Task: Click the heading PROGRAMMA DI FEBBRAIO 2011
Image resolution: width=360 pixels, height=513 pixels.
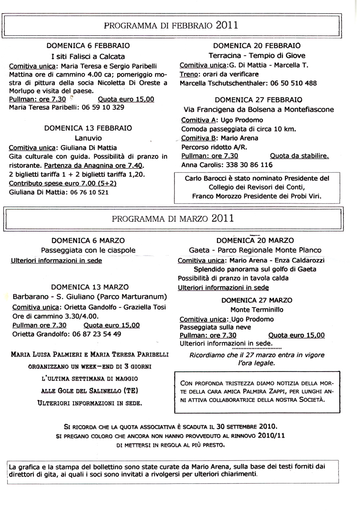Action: point(171,25)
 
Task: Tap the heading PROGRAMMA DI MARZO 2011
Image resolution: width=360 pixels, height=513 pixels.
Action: point(173,218)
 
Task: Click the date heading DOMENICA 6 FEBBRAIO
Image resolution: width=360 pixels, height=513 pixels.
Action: point(88,46)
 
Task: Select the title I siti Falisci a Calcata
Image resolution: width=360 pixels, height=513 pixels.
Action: point(88,56)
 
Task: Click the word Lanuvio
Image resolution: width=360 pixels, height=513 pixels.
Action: point(88,138)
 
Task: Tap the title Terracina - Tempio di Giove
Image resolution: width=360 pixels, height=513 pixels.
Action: point(257,55)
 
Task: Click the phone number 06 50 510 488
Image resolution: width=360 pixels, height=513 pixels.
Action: point(293,83)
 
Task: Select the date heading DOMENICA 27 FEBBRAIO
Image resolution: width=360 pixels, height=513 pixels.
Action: point(258,100)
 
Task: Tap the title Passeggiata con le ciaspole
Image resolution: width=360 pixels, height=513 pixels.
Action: point(88,250)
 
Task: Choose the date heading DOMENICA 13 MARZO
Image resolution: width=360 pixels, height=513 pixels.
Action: point(90,287)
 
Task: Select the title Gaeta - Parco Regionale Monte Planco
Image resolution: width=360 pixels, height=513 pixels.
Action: point(255,250)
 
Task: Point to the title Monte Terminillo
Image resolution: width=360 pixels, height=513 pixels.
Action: point(257,309)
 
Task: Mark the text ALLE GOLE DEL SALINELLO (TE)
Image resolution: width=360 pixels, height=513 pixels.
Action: point(90,391)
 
